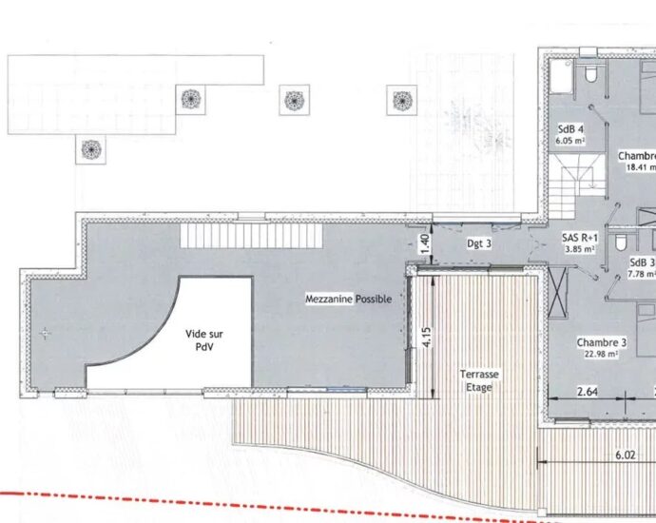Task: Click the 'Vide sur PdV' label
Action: [205, 340]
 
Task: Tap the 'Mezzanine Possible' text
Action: [348, 299]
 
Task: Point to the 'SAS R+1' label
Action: [579, 238]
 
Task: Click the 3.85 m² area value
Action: [579, 250]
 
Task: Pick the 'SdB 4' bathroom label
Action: [570, 128]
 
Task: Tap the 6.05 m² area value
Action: [570, 140]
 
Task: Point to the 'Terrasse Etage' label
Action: [478, 380]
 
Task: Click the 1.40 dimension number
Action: [425, 243]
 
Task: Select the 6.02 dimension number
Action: [625, 455]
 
